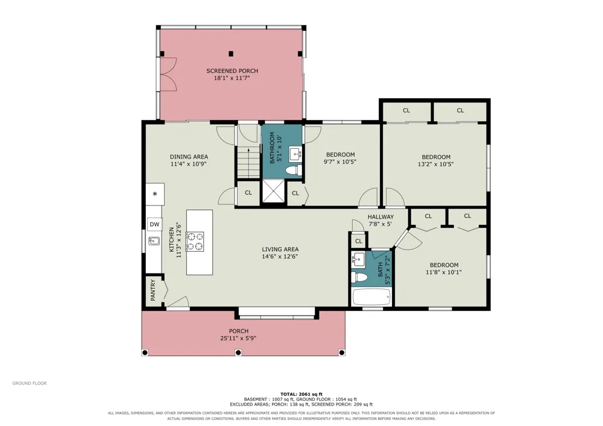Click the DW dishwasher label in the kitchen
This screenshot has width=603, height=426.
[x=154, y=224]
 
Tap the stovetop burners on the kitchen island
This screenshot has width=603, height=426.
[x=195, y=242]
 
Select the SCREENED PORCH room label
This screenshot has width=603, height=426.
[x=232, y=70]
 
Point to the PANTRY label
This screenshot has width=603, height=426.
[x=153, y=290]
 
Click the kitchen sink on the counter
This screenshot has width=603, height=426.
[x=154, y=241]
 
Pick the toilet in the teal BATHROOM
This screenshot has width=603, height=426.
[x=294, y=170]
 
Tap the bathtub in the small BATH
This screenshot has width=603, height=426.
[x=371, y=297]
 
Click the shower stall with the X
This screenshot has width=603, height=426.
[x=274, y=191]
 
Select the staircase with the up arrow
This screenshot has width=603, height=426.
[x=248, y=163]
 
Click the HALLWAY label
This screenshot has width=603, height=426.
[x=380, y=217]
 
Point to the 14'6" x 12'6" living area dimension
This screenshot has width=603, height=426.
[x=280, y=256]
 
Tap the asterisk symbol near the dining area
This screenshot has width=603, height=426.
[x=155, y=194]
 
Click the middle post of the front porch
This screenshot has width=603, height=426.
[x=238, y=352]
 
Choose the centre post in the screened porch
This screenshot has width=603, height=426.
[x=231, y=54]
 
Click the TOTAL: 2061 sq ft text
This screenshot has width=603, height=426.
[x=301, y=394]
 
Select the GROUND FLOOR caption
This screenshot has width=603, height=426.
[x=29, y=383]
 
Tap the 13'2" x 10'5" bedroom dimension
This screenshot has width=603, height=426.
[x=436, y=164]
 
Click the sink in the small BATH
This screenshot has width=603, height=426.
[x=358, y=259]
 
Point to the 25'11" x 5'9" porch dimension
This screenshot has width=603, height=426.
[x=238, y=339]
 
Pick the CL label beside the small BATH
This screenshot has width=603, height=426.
[x=359, y=241]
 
